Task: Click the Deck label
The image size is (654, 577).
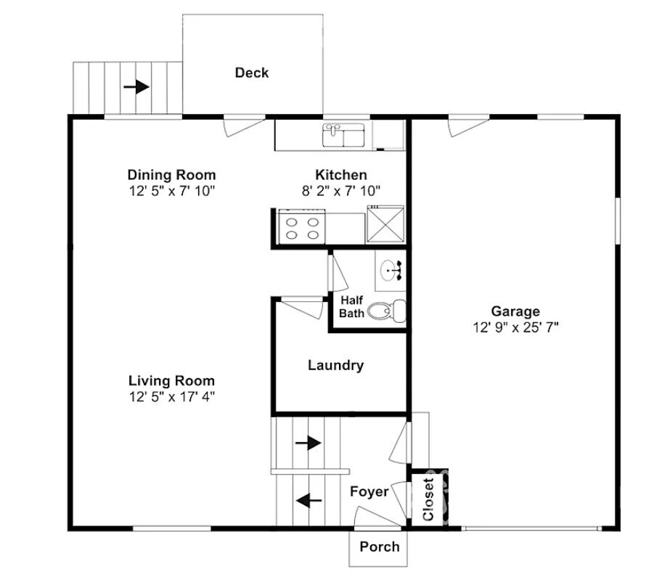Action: click(251, 73)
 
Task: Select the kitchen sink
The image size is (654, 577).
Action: click(343, 134)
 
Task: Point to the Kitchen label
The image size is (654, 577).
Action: click(340, 175)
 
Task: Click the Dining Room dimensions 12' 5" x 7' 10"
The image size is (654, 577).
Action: click(171, 190)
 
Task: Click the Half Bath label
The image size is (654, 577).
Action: click(351, 306)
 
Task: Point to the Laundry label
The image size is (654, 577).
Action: click(335, 365)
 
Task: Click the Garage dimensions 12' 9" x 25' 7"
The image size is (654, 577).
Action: click(515, 327)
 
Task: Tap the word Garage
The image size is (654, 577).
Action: click(515, 312)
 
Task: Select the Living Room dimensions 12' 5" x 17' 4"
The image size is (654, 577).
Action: click(171, 396)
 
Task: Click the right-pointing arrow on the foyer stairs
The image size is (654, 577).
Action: click(308, 442)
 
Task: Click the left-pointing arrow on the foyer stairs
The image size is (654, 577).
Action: click(308, 499)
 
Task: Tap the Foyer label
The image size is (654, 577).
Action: click(369, 491)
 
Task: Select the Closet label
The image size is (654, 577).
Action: click(428, 499)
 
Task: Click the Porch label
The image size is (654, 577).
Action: click(380, 547)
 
